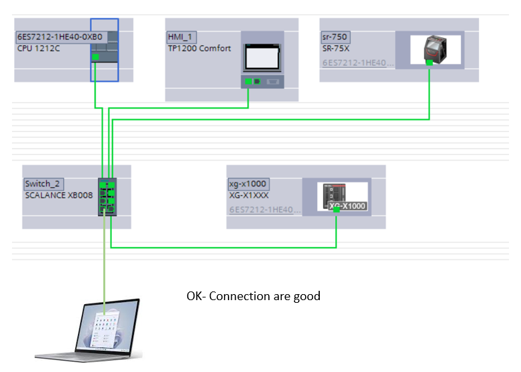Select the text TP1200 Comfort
(199, 49)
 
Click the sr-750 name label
(336, 37)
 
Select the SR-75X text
(337, 49)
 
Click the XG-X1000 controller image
(342, 197)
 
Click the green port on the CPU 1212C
(95, 58)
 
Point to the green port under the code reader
(430, 63)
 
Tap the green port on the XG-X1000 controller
(337, 210)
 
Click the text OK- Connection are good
(253, 296)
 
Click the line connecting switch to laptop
(105, 260)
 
